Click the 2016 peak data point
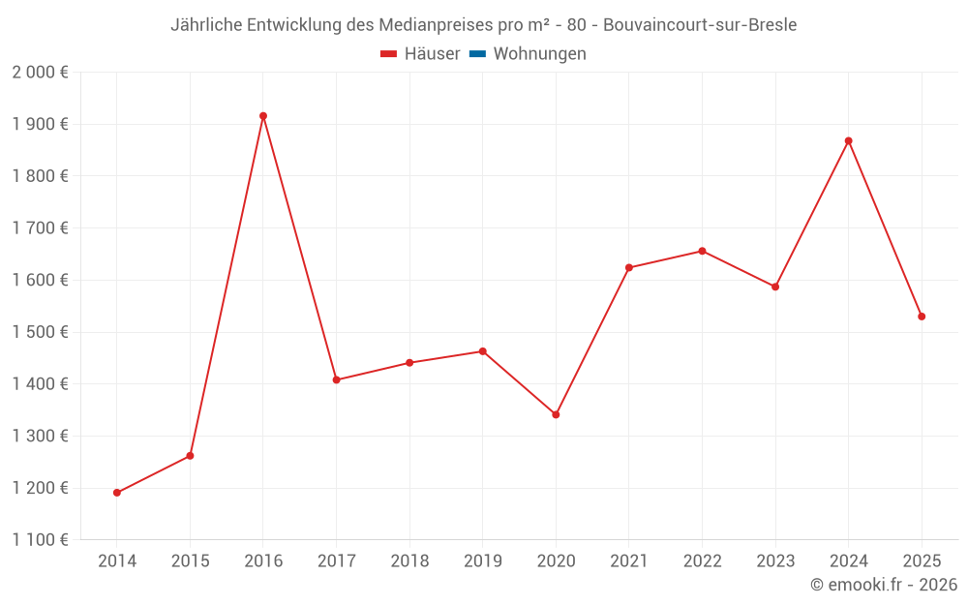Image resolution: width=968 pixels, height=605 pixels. click(x=263, y=116)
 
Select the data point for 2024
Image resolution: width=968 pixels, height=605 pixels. click(x=848, y=141)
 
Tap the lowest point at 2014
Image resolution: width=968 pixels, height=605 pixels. click(x=117, y=493)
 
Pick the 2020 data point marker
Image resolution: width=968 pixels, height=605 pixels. click(x=556, y=414)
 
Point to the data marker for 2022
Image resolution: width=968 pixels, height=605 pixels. click(x=702, y=251)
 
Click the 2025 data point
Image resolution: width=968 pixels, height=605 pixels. click(x=922, y=317)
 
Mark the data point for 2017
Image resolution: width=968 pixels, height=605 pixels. click(x=336, y=380)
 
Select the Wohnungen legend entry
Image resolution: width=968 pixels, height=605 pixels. click(x=539, y=54)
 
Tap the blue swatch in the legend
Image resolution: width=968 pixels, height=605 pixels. click(x=477, y=54)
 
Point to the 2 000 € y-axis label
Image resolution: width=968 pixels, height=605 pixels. click(x=40, y=73)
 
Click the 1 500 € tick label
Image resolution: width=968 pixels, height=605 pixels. click(x=40, y=332)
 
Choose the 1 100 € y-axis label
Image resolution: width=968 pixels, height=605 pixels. click(x=40, y=540)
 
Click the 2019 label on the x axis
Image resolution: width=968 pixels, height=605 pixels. click(x=482, y=561)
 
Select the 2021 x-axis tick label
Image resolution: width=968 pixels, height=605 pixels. click(x=628, y=561)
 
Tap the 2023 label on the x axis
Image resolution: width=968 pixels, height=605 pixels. click(x=774, y=561)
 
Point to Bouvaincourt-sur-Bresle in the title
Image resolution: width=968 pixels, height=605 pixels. click(x=699, y=25)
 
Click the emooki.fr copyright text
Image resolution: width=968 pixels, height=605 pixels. click(x=884, y=585)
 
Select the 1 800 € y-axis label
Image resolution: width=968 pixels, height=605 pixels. click(x=40, y=176)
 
